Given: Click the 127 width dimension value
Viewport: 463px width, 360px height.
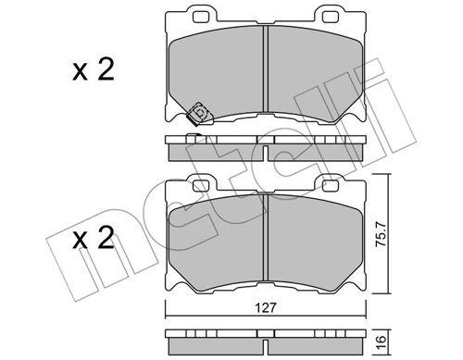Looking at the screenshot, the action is (x=266, y=308).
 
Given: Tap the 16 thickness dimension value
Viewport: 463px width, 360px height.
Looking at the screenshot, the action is (x=381, y=341).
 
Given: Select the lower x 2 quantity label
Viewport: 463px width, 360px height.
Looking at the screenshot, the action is (x=94, y=238).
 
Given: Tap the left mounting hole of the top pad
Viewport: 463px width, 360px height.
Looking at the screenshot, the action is (x=201, y=18).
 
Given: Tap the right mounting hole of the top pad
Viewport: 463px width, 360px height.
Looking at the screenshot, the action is (x=331, y=18).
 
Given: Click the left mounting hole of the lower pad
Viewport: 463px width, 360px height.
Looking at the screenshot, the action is (x=201, y=186).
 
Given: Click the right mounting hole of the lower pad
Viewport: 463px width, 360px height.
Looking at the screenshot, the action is (x=331, y=186).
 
